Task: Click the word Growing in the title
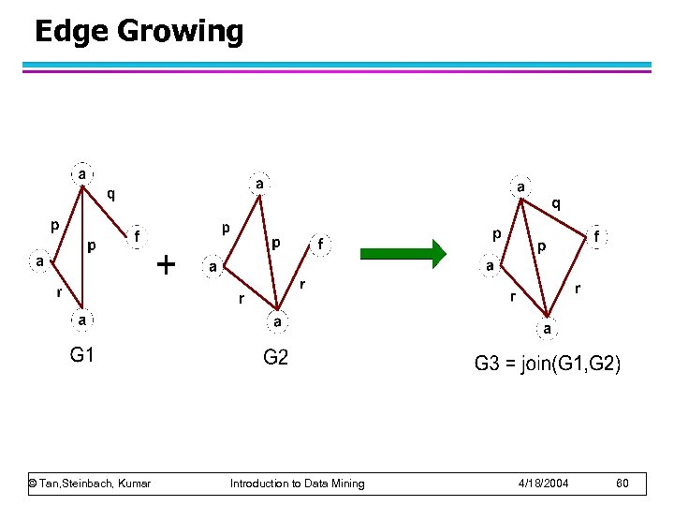click(x=181, y=32)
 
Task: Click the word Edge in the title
click(x=72, y=32)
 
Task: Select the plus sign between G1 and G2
click(x=166, y=265)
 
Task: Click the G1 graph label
click(x=82, y=355)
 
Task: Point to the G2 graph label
click(x=275, y=359)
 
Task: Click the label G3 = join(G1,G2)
click(x=547, y=364)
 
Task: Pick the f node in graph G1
click(x=138, y=237)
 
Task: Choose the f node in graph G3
click(x=596, y=238)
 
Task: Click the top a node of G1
click(x=82, y=174)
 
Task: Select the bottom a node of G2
click(x=277, y=321)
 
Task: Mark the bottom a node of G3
click(x=546, y=329)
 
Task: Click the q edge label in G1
click(x=111, y=195)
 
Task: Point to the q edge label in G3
click(x=555, y=202)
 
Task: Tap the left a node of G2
click(x=213, y=267)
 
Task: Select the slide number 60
click(x=623, y=484)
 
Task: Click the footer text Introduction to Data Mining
click(x=298, y=484)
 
